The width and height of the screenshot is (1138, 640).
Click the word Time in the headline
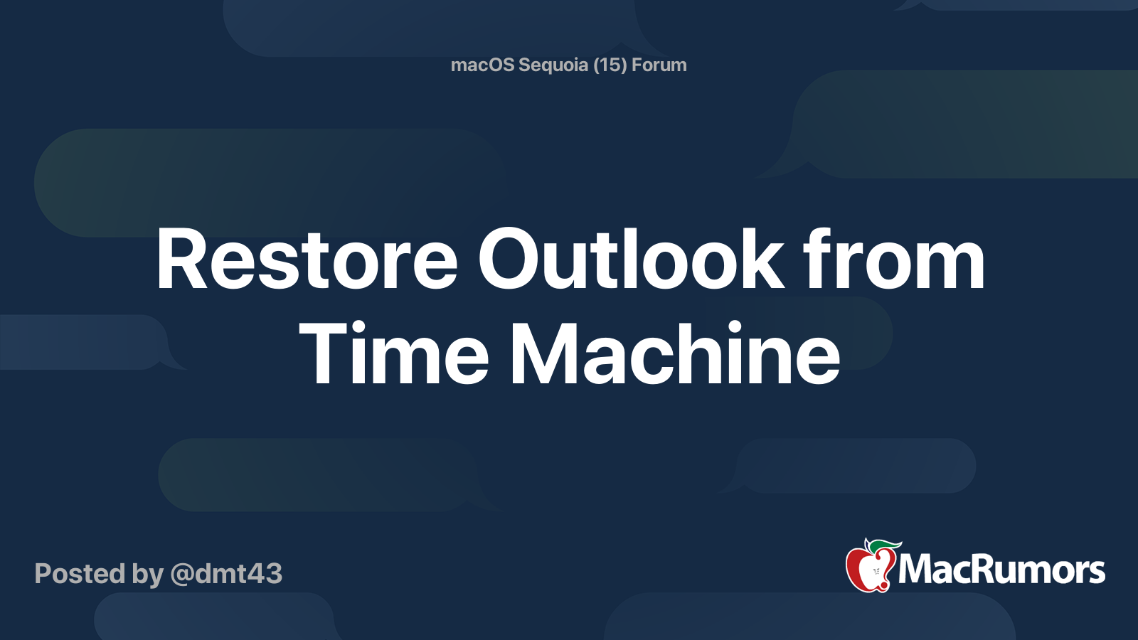pos(394,353)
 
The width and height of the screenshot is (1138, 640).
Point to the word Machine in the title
pos(675,353)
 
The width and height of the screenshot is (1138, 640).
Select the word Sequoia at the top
pos(553,65)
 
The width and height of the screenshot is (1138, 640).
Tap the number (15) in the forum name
pos(610,65)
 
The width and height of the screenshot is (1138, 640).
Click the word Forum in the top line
pos(659,65)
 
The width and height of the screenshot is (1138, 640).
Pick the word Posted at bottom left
pos(80,574)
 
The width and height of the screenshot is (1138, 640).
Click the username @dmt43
pos(227,574)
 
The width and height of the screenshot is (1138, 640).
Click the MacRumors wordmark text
pos(1001,570)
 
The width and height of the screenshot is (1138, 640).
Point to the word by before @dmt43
pos(147,574)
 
